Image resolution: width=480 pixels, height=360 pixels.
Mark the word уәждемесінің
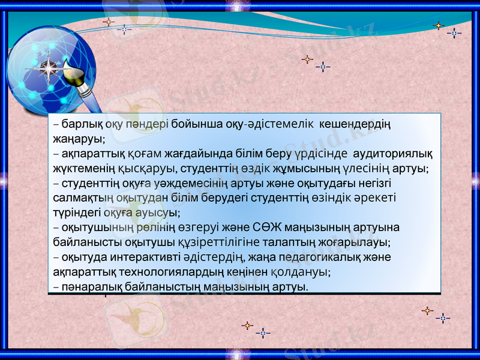click(164, 184)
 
